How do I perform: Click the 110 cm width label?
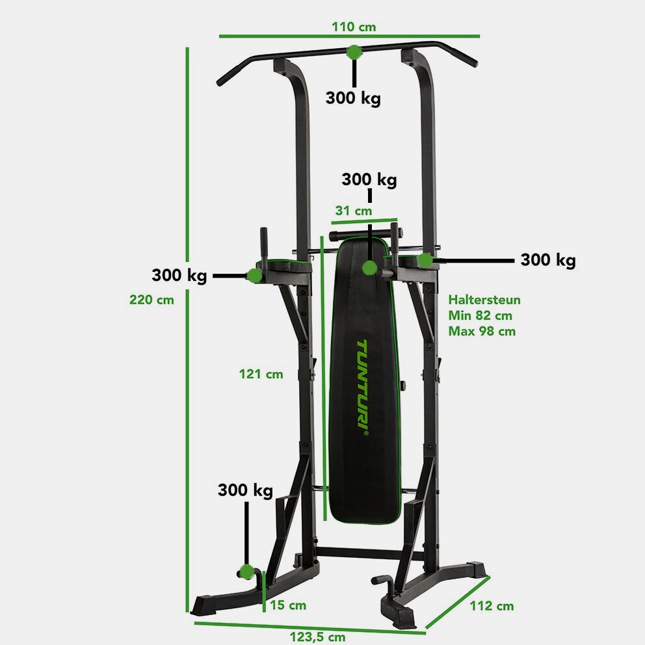354,27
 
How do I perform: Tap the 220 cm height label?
151,300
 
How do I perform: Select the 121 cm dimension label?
261,374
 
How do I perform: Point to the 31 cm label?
354,211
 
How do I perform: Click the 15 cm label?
288,605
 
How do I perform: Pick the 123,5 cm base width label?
317,637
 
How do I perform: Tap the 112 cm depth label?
492,606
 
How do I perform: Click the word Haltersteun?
484,300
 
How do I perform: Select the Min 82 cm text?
480,315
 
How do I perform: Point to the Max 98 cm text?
482,331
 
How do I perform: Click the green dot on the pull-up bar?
354,52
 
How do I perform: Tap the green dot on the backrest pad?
370,268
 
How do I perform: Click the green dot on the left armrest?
255,275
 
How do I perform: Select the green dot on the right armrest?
425,260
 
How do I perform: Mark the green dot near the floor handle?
246,572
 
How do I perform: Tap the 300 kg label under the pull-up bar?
353,98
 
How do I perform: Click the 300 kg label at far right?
548,260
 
